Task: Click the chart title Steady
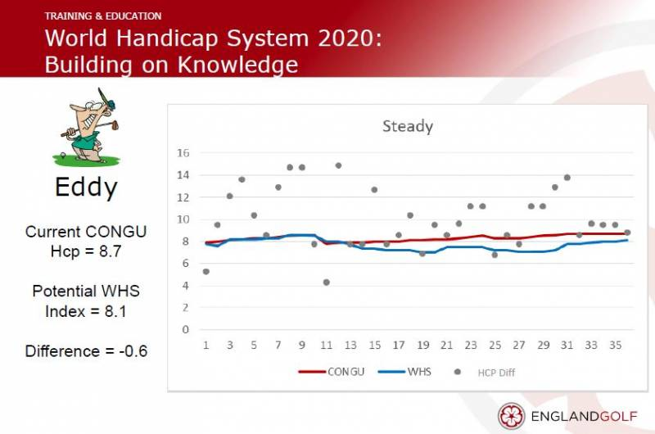point(408,126)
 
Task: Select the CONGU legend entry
point(332,372)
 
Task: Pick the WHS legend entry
point(404,372)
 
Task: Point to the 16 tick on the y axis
point(183,153)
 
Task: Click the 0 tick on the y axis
point(186,329)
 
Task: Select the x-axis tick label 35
point(616,345)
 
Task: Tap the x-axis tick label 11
point(326,345)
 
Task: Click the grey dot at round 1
point(206,272)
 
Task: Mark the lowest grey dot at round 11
point(326,283)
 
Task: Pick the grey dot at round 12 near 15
point(338,166)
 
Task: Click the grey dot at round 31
point(567,178)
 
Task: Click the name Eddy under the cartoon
point(86,188)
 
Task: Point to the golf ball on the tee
point(63,155)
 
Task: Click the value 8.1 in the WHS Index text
point(115,311)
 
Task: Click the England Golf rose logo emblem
point(511,416)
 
